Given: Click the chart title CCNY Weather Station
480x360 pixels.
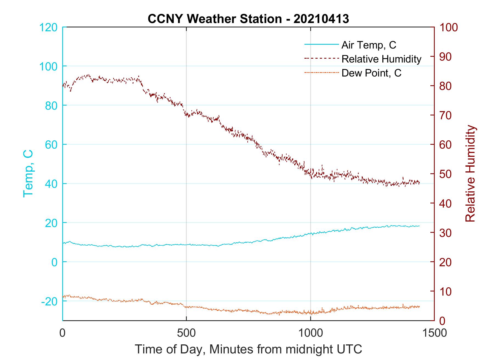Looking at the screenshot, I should (x=248, y=19).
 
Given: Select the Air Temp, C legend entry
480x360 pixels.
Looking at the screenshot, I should (x=369, y=45).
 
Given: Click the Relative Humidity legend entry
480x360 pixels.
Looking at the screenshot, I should (x=381, y=59).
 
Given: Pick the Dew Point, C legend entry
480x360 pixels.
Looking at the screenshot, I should (x=371, y=73).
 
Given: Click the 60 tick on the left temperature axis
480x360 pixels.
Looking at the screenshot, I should (x=51, y=145).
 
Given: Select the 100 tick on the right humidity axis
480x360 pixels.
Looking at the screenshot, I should (x=449, y=27).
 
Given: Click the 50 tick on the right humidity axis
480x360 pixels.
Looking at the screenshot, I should (x=446, y=174).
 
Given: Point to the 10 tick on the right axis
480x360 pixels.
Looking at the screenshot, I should (x=446, y=291).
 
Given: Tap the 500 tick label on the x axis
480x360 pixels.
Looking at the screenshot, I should (x=187, y=333).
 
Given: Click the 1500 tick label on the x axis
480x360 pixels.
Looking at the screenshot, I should (x=434, y=333).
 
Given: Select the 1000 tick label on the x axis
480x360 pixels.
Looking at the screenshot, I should (x=310, y=333).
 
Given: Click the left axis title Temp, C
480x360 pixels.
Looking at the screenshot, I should (x=28, y=174).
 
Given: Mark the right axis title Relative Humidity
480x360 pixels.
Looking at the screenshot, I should (x=470, y=174).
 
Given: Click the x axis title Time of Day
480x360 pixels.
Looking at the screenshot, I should (x=248, y=349).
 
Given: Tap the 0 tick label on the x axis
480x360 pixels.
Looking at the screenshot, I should (x=63, y=333).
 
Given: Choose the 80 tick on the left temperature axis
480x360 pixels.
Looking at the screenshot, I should (x=51, y=106).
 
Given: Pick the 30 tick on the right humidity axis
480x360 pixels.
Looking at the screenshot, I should (x=446, y=233).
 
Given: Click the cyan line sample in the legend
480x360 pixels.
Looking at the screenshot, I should (x=321, y=44).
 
